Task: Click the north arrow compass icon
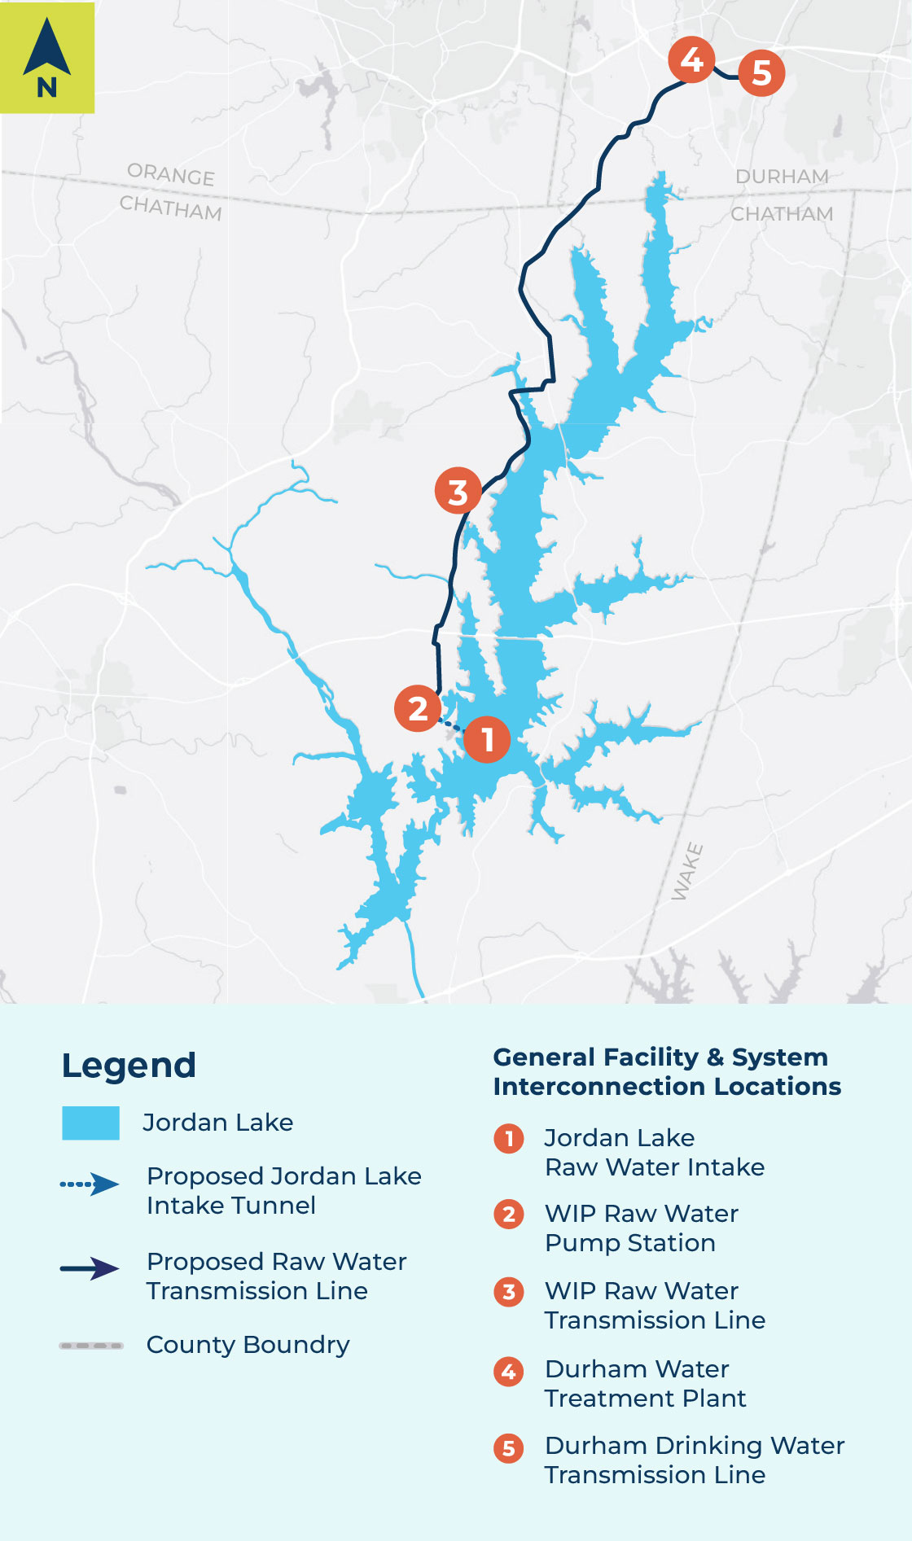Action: point(47,57)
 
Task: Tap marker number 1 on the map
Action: point(487,739)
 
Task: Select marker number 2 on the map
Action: point(418,708)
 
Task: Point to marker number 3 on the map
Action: point(458,491)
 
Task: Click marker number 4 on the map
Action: point(691,59)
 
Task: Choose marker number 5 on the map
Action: point(761,72)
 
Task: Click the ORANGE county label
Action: point(171,174)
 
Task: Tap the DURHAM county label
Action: point(782,177)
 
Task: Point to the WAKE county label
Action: point(686,872)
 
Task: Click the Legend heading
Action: point(129,1065)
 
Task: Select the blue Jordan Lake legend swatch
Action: point(90,1123)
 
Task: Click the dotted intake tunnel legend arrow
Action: point(90,1184)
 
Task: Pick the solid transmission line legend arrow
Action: point(90,1268)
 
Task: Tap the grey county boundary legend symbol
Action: point(91,1346)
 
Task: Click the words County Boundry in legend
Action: point(248,1345)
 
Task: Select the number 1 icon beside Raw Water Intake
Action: point(509,1138)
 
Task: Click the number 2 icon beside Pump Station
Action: point(509,1215)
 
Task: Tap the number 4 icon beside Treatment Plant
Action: point(509,1372)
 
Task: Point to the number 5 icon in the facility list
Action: point(509,1448)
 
